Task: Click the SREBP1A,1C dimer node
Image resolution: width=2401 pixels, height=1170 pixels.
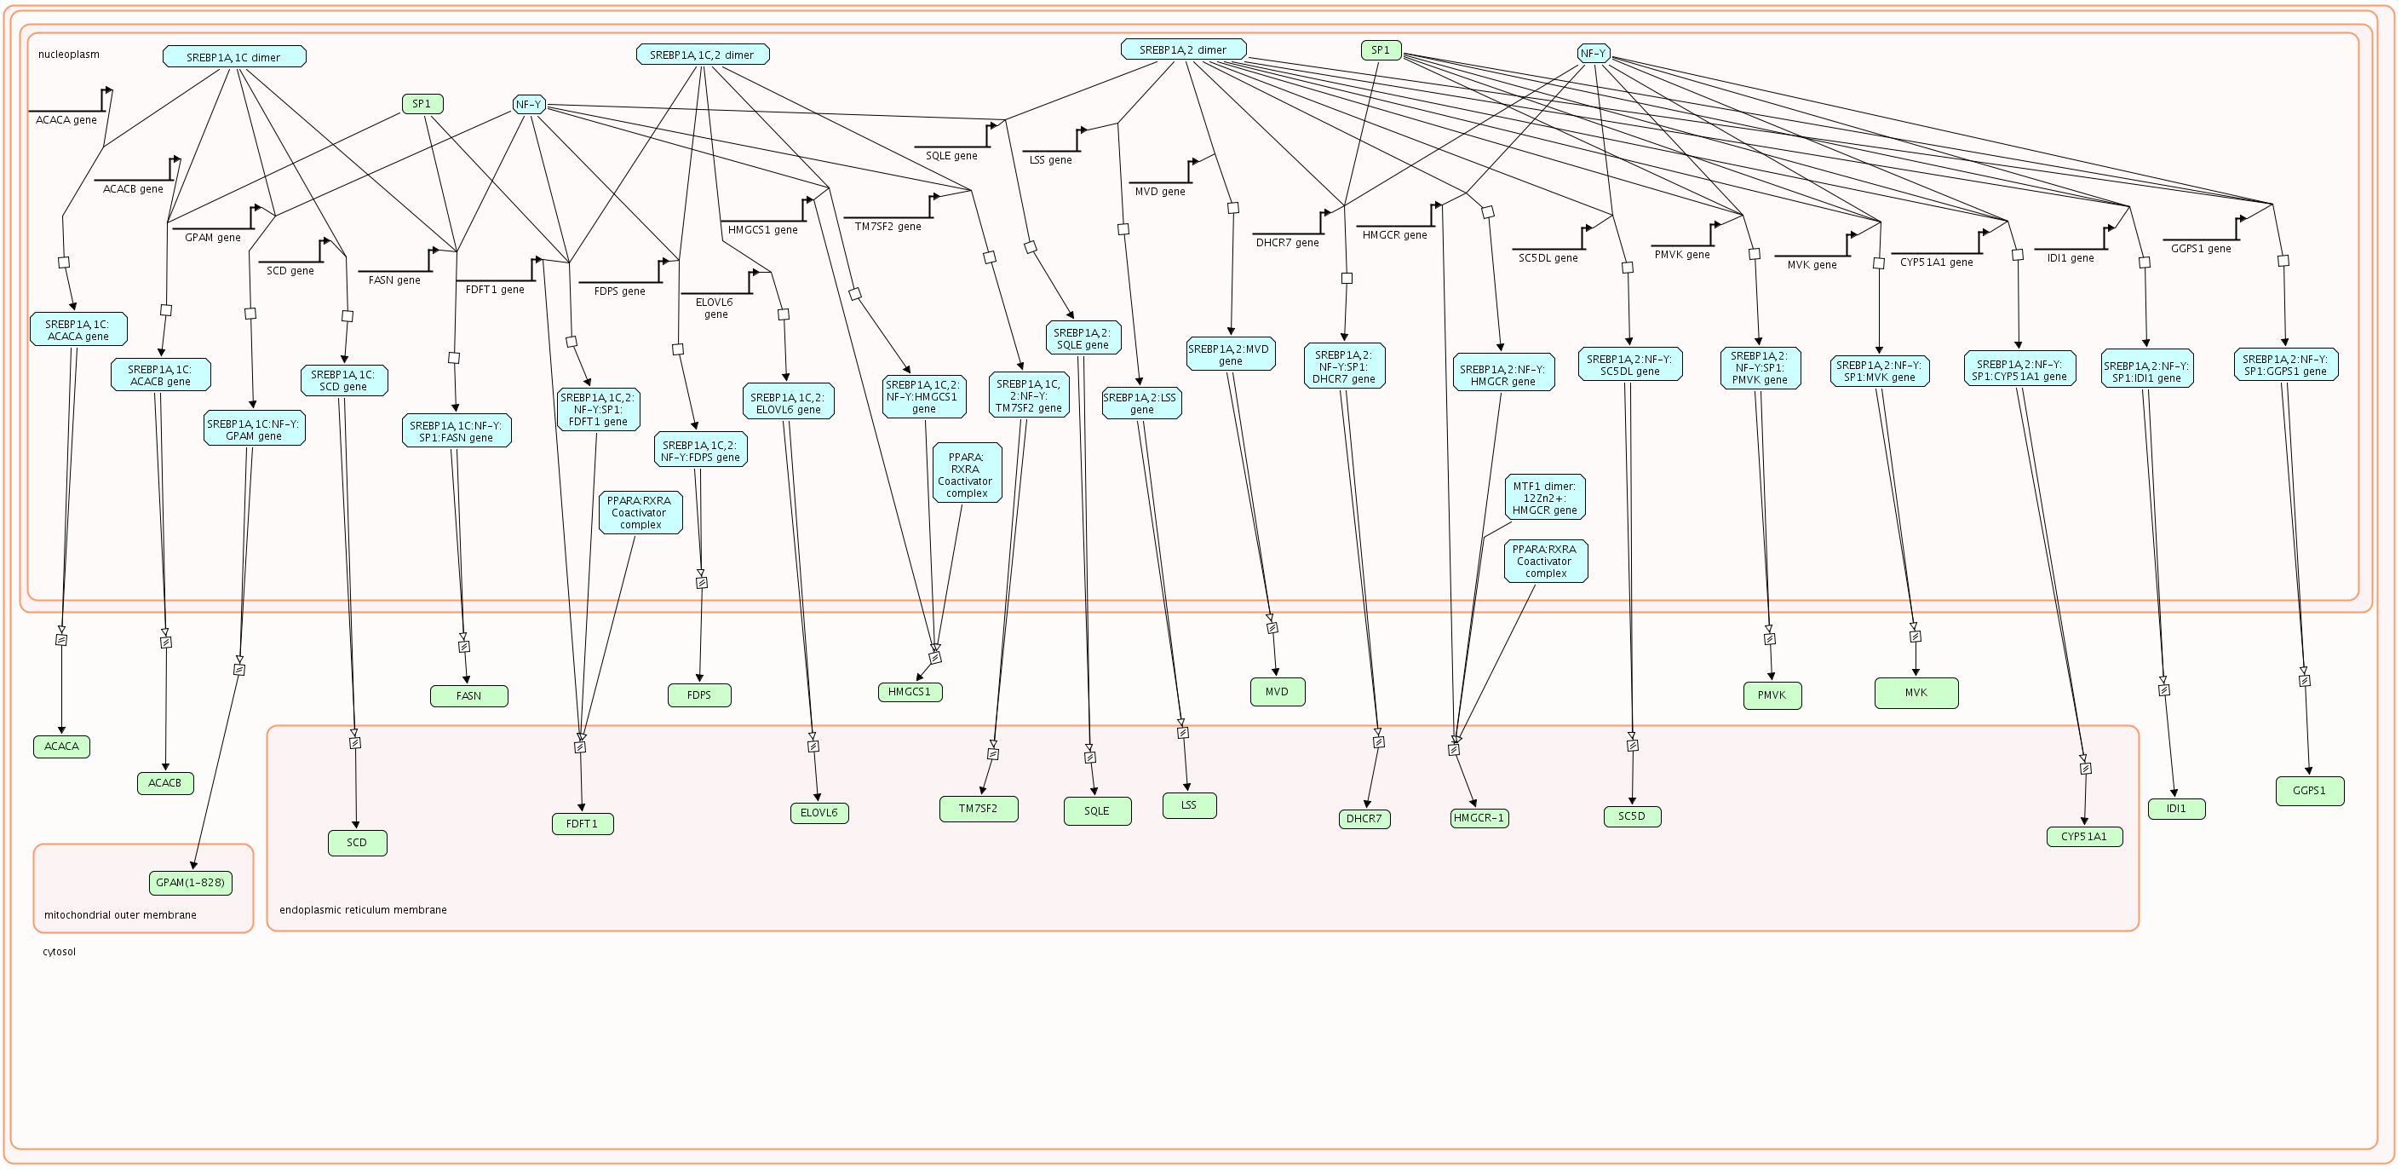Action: [234, 57]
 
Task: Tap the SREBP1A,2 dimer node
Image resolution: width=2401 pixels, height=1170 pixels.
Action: [1183, 49]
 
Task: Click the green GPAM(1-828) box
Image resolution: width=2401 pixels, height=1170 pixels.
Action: [190, 882]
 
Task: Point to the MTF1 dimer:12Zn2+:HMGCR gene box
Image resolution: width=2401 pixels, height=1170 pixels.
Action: [1544, 498]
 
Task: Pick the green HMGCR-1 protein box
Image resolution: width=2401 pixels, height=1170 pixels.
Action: [1479, 817]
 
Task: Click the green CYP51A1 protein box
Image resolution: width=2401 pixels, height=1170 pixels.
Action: [2084, 836]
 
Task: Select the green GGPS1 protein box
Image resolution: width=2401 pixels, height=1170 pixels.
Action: [2309, 791]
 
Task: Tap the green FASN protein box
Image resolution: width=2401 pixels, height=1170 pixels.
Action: [468, 695]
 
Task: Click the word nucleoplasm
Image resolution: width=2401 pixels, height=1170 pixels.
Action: [69, 54]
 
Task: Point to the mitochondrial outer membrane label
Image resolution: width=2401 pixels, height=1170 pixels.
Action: [120, 914]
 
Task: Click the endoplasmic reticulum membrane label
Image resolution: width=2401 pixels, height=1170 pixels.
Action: [363, 910]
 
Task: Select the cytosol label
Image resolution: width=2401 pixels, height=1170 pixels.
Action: [59, 952]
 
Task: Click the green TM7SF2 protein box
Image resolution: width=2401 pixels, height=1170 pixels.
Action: [978, 809]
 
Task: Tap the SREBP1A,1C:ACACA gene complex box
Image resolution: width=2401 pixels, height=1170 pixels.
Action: [78, 330]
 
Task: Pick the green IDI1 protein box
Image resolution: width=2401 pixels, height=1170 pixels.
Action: [2176, 809]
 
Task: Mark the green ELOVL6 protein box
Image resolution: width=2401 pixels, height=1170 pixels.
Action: [819, 812]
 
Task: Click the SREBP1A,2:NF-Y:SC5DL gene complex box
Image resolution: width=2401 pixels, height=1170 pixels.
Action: [1629, 365]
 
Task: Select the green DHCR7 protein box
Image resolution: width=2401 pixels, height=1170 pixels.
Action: [1364, 819]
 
